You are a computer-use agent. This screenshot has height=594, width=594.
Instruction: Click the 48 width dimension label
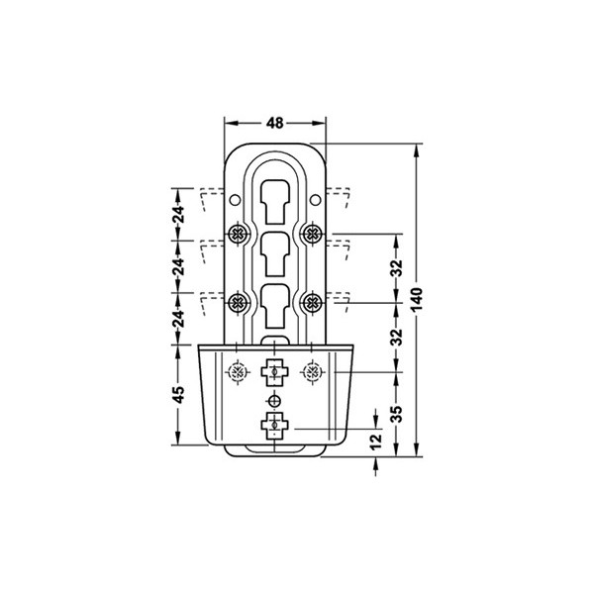pos(274,123)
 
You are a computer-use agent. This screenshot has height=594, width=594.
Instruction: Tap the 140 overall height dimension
pos(417,300)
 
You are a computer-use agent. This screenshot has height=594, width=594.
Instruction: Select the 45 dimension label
pos(179,394)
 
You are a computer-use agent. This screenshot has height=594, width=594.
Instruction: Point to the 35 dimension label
pos(396,414)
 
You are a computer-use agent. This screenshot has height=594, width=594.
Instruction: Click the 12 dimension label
pos(375,442)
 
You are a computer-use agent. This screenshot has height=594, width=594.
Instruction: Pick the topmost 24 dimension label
pos(179,215)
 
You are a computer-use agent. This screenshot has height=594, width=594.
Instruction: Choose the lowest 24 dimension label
pos(179,319)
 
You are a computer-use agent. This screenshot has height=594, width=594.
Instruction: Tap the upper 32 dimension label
pos(396,268)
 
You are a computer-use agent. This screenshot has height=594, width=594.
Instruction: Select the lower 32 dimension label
pos(396,338)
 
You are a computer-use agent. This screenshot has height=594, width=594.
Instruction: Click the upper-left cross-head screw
pos(238,234)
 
